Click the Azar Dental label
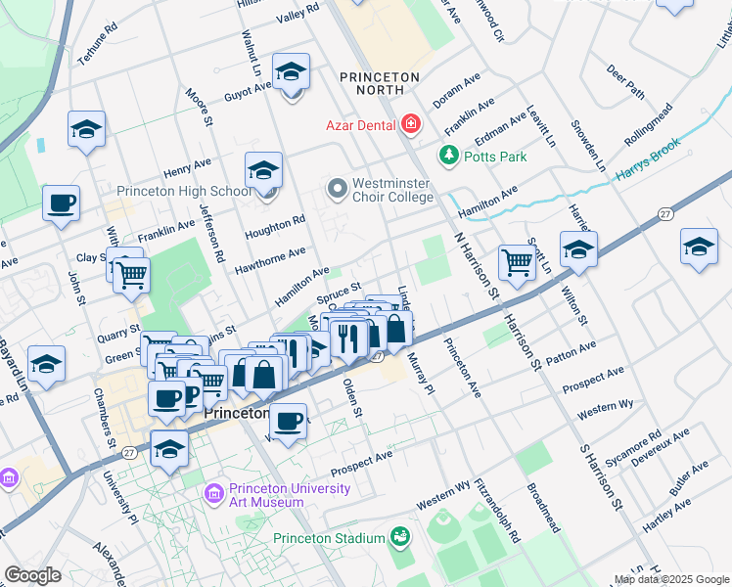(x=360, y=125)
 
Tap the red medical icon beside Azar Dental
(x=410, y=124)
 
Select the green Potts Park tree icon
(x=448, y=156)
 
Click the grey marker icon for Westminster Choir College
(x=338, y=186)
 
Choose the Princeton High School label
(x=184, y=192)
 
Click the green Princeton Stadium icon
(x=399, y=537)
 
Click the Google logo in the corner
(x=32, y=574)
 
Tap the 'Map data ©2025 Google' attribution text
(x=671, y=579)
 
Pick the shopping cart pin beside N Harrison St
(x=516, y=261)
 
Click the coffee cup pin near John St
(x=62, y=203)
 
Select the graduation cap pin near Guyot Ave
(x=291, y=72)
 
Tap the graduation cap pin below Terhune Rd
(x=86, y=129)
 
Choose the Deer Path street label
(x=625, y=82)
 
